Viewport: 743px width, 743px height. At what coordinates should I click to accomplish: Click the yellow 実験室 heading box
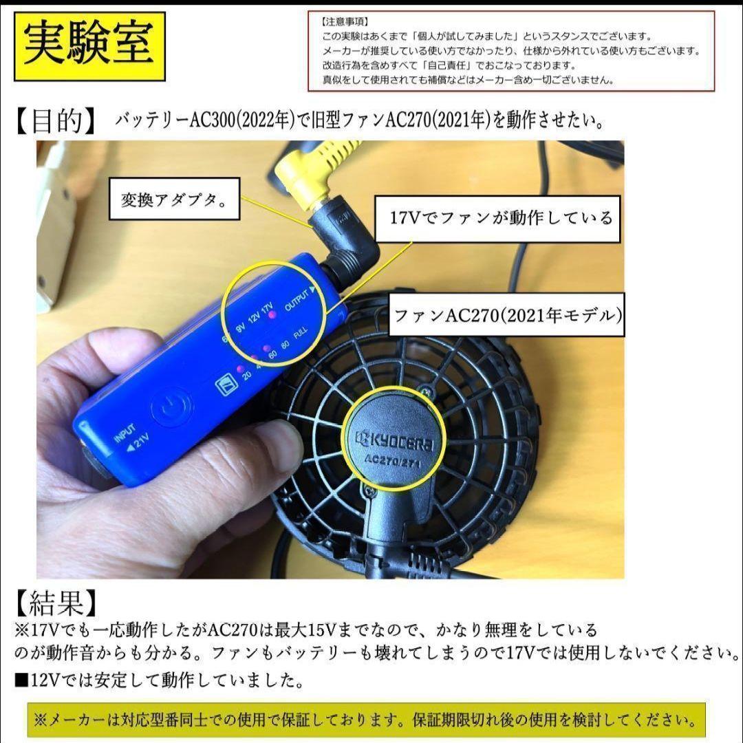[89, 46]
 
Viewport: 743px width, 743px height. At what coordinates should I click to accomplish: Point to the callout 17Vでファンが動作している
[500, 219]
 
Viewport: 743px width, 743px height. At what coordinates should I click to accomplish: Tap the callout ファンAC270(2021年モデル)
[507, 316]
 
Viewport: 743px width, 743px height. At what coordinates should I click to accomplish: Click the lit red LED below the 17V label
[272, 315]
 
